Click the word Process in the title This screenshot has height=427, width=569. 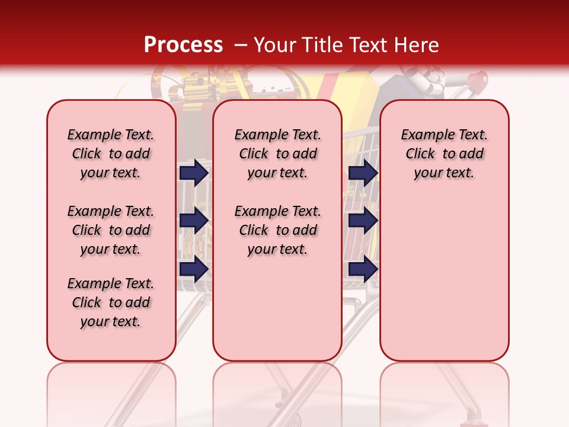pos(183,44)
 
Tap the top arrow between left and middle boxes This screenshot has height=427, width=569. pos(194,173)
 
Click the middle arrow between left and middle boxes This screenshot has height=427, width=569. pos(194,221)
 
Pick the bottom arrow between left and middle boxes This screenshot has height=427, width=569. pos(194,269)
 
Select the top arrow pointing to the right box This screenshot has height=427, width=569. pos(363,173)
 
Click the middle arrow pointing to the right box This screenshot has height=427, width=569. pos(363,221)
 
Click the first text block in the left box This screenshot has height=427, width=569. pos(111,154)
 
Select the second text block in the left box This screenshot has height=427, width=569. pos(111,230)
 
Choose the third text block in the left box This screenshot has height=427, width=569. pos(111,302)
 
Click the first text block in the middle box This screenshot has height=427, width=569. pos(277,154)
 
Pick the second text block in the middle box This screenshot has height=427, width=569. pos(277,230)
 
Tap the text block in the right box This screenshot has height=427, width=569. pos(445,154)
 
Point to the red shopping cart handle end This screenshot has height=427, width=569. pos(481,78)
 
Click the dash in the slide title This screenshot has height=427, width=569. pos(241,45)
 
